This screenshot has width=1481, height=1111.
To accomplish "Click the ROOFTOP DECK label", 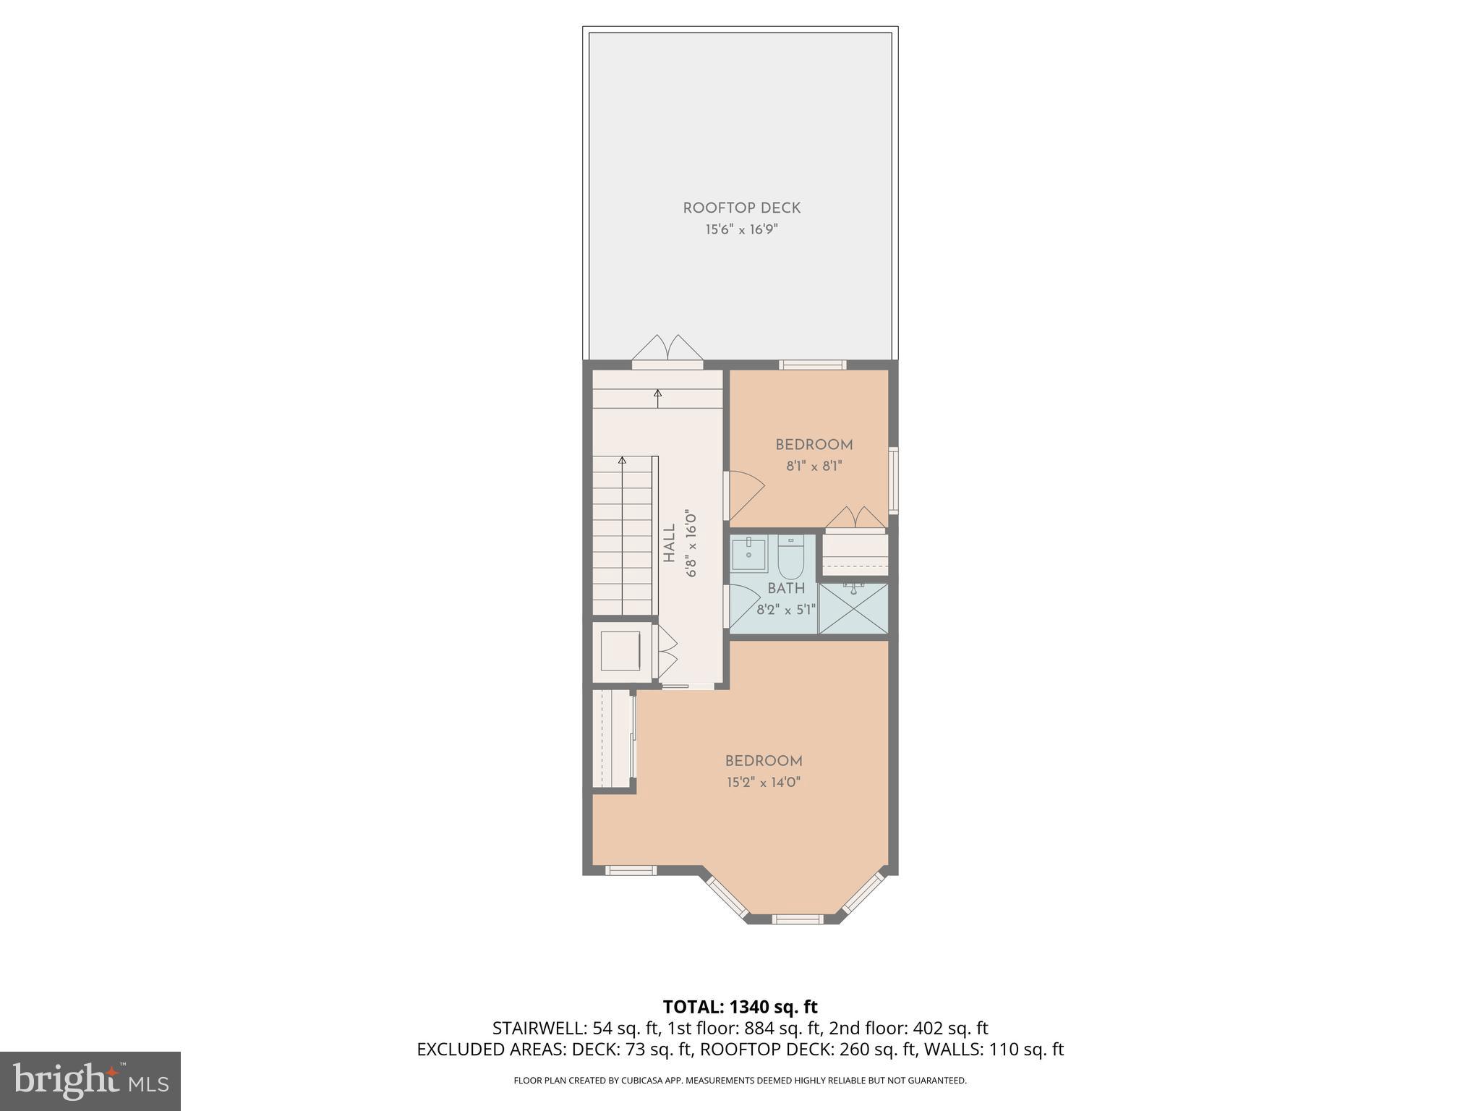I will pos(741,208).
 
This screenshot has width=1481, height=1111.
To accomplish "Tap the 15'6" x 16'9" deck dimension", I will pos(741,230).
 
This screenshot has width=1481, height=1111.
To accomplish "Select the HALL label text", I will pos(670,544).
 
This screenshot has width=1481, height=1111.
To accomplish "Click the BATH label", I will pos(786,589).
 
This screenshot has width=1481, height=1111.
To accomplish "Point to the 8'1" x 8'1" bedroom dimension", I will pos(814,467).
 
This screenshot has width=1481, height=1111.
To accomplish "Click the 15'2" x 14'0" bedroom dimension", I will pos(764,782).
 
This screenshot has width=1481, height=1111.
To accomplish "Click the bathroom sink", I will pos(748,554).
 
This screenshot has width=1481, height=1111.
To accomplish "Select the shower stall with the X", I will pos(853,609).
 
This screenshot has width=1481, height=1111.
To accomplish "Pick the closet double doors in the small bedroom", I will pos(855,518).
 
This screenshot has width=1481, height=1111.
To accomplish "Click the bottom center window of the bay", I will pos(798,919).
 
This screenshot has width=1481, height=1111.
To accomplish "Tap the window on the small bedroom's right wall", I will pos(893,480).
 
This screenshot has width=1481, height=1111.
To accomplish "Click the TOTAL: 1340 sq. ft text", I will pos(740,1007).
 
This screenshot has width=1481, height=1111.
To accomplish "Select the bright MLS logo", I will pos(90,1081).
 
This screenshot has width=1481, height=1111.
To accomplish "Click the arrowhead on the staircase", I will pos(622,460).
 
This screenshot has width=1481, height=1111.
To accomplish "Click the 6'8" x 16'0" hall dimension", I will pos(691,544).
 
